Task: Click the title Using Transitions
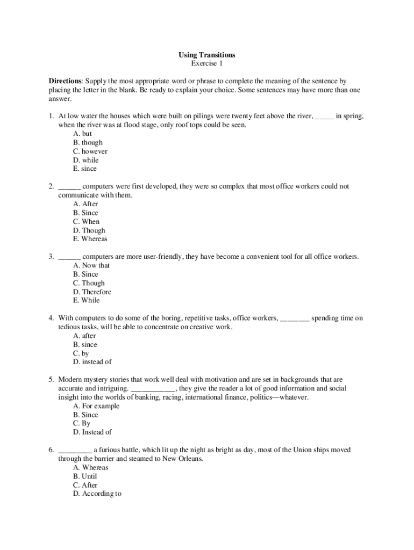pyautogui.click(x=207, y=55)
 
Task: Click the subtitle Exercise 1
pyautogui.click(x=207, y=63)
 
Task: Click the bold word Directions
pyautogui.click(x=65, y=81)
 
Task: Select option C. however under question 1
pyautogui.click(x=90, y=151)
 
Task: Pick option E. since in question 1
pyautogui.click(x=85, y=169)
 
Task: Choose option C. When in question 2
pyautogui.click(x=86, y=221)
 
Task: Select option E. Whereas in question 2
pyautogui.click(x=90, y=239)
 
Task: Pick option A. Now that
pyautogui.click(x=91, y=265)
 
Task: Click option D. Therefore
pyautogui.click(x=92, y=292)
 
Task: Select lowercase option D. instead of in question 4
pyautogui.click(x=92, y=362)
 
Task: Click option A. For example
pyautogui.click(x=96, y=406)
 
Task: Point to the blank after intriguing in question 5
pyautogui.click(x=153, y=389)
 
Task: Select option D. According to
pyautogui.click(x=97, y=494)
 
